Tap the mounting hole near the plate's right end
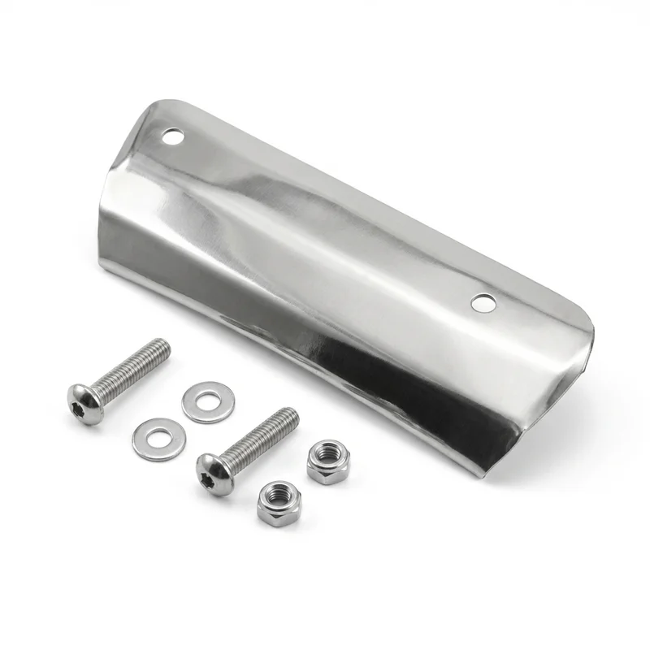[x=483, y=303]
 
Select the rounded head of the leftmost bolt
[x=85, y=402]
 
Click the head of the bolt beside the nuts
[x=214, y=474]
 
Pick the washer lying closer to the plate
[x=208, y=402]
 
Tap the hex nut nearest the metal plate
[x=327, y=461]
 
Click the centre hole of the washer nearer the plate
[x=208, y=401]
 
